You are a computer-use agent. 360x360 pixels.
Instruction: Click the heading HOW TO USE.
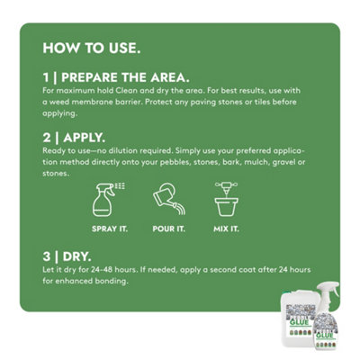coord(92,48)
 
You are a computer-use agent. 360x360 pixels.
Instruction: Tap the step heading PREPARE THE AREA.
coord(125,77)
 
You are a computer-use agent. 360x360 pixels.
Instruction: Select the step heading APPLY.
coord(85,138)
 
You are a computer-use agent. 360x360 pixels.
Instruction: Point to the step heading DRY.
coord(77,256)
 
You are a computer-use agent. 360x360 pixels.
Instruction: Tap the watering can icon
coord(169,200)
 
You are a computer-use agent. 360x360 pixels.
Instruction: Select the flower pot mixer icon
coord(227,199)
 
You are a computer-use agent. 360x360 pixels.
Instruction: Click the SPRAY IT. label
coord(110,229)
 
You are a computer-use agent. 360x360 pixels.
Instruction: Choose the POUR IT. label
coord(169,229)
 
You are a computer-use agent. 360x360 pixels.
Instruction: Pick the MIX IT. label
coord(226,229)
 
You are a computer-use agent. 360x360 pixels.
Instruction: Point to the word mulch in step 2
coord(256,162)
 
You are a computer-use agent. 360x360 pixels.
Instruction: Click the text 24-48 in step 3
coord(102,269)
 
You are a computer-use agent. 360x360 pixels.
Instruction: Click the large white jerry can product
coord(298,318)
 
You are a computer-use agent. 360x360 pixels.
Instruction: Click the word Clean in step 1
coord(127,90)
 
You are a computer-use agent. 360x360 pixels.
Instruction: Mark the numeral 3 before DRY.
coord(47,256)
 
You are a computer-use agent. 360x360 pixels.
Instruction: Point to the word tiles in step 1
coord(263,102)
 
